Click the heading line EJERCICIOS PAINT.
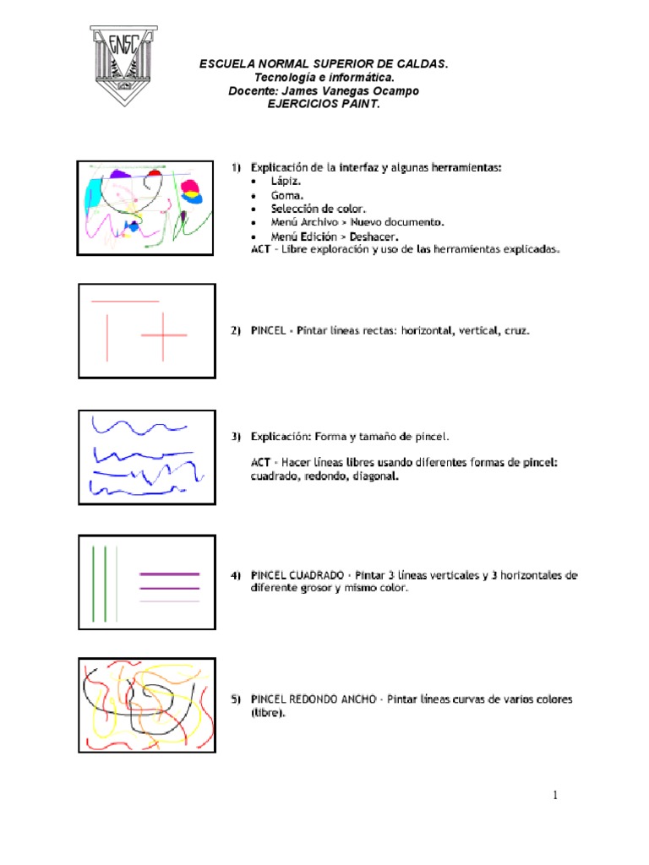tap(324, 104)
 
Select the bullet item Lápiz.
tap(286, 181)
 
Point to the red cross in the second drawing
tap(164, 335)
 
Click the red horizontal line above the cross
tap(125, 301)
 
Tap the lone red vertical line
tap(107, 337)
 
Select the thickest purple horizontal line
tap(169, 574)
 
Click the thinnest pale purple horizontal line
tap(169, 601)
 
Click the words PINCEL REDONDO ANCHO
tap(313, 699)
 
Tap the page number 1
tap(555, 795)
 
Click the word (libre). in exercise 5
tap(268, 713)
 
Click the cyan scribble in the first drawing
tap(90, 196)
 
